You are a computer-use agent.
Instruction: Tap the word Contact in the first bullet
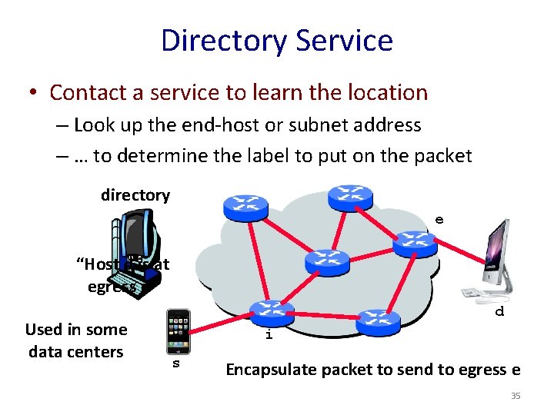[85, 92]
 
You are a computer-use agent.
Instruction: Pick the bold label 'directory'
[135, 195]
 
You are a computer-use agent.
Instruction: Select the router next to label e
[415, 244]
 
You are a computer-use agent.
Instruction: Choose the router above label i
[272, 312]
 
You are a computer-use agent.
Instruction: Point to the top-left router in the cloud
[245, 206]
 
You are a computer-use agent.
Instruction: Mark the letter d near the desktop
[499, 312]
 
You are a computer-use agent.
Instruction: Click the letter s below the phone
[175, 363]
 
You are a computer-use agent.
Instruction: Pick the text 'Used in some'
[76, 330]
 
